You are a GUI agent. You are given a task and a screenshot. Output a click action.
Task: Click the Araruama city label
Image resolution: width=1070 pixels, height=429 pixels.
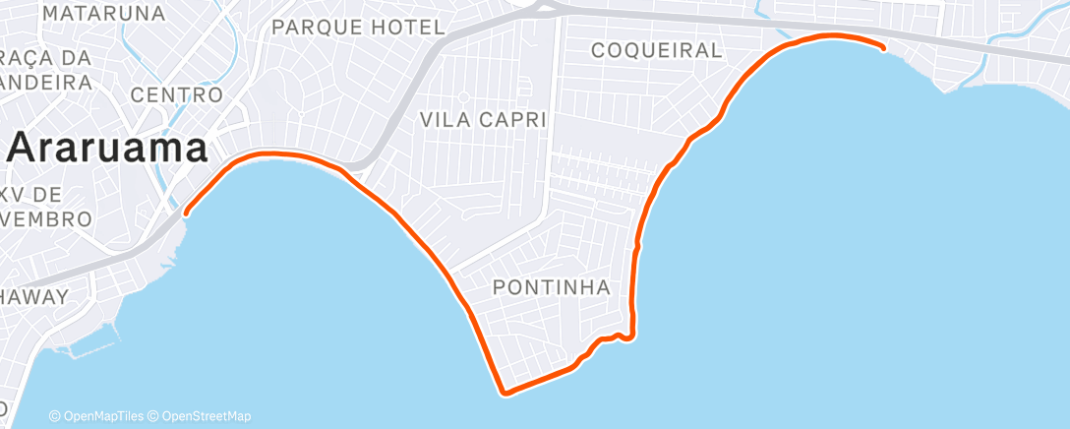109,150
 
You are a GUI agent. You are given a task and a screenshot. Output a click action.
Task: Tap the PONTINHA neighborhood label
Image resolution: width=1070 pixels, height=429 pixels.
552,287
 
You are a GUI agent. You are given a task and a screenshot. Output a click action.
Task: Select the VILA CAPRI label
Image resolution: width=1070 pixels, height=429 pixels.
483,119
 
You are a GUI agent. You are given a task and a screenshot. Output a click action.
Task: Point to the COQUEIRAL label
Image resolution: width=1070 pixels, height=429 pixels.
657,50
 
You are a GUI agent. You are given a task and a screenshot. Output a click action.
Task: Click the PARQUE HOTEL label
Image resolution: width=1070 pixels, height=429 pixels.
358,27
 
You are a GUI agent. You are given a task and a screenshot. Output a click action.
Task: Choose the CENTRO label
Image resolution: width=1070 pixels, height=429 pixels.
177,94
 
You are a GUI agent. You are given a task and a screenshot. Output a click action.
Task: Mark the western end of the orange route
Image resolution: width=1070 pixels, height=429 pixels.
185,209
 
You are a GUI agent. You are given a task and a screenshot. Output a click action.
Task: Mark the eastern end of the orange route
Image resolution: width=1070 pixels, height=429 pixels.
882,46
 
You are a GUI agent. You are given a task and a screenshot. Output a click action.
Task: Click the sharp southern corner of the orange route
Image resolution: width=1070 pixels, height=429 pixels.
505,394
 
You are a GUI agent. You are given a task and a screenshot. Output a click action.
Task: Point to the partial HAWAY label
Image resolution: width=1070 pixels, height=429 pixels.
34,296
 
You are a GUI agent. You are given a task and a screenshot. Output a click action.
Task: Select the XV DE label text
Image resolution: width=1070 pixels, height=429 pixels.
33,193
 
